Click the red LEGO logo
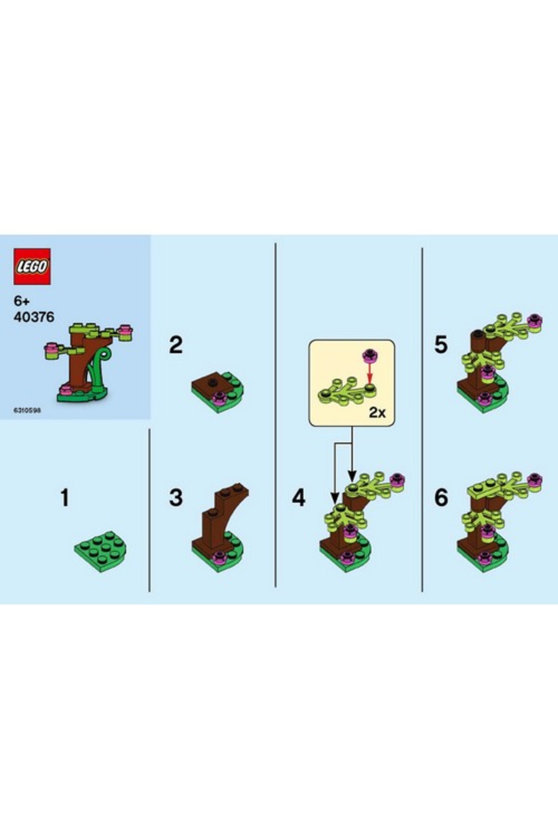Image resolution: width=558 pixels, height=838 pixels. (32, 266)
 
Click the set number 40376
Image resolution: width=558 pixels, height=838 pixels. (34, 317)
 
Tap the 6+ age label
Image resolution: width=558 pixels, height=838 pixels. (22, 301)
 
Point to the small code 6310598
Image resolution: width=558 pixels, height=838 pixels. (27, 411)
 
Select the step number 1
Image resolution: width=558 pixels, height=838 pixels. (65, 498)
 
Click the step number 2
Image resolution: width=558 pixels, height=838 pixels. (176, 345)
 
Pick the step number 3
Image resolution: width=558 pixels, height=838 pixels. (176, 498)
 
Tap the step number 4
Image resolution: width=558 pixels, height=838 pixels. (299, 498)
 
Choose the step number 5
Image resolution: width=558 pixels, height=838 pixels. (441, 345)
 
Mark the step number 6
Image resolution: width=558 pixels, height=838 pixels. (441, 498)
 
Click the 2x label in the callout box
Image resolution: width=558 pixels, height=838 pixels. (377, 412)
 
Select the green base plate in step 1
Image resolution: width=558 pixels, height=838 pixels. (101, 551)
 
